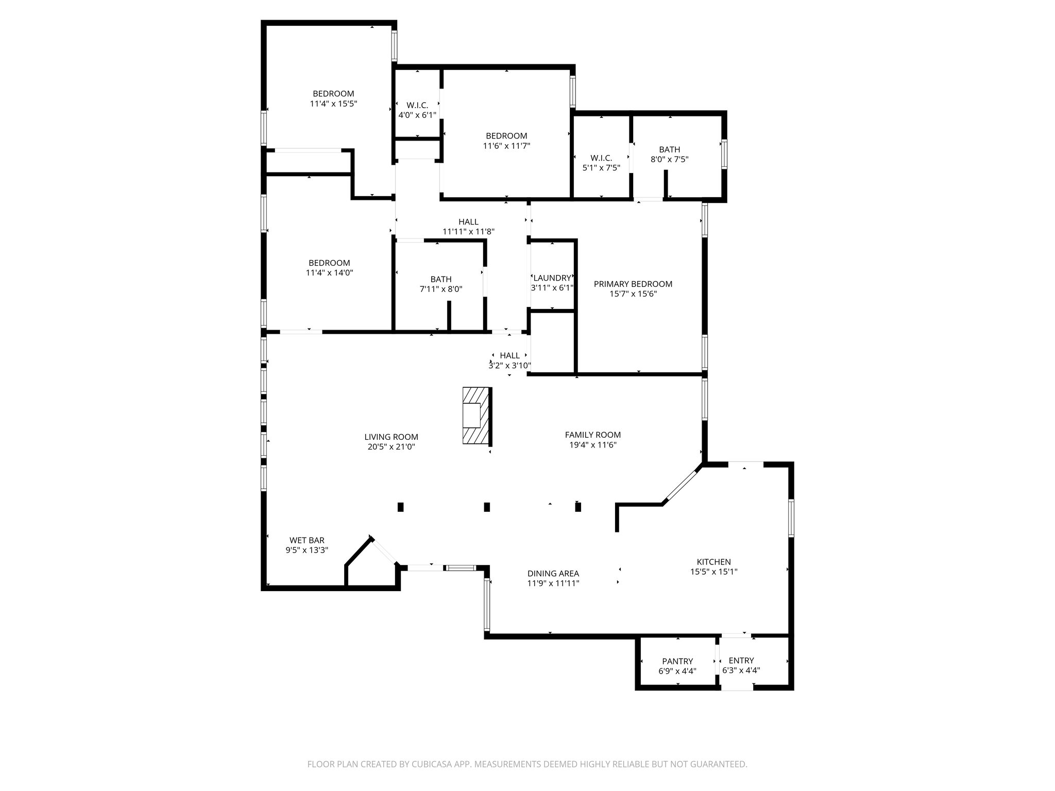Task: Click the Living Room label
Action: coord(391,437)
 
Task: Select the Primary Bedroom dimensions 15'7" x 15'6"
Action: coord(633,294)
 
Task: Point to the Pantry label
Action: coord(677,661)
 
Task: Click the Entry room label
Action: coord(741,661)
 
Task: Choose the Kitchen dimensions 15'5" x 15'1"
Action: coord(713,571)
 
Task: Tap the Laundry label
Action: coord(552,278)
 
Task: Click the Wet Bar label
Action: coord(307,540)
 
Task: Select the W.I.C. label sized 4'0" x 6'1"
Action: coord(417,105)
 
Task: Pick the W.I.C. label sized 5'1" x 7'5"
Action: coord(601,158)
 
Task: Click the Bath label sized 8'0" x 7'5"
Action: coord(669,150)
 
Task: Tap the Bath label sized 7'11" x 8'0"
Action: coord(441,279)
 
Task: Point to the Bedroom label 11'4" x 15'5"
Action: coord(333,94)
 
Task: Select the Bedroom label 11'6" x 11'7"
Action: coord(506,136)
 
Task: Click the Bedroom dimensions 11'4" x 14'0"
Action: coord(329,272)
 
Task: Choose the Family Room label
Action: coord(592,435)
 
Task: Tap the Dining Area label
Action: coord(553,573)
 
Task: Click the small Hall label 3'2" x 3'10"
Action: coord(509,355)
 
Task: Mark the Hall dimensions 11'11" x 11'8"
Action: coord(468,232)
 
